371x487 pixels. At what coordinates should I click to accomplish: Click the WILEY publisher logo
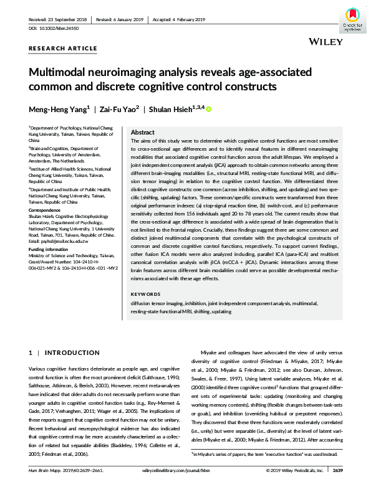coord(325,41)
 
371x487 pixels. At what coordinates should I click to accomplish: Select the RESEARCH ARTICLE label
coord(63,49)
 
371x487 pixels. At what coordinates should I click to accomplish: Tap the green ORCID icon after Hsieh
coord(209,110)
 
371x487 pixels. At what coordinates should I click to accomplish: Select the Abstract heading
coord(143,133)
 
